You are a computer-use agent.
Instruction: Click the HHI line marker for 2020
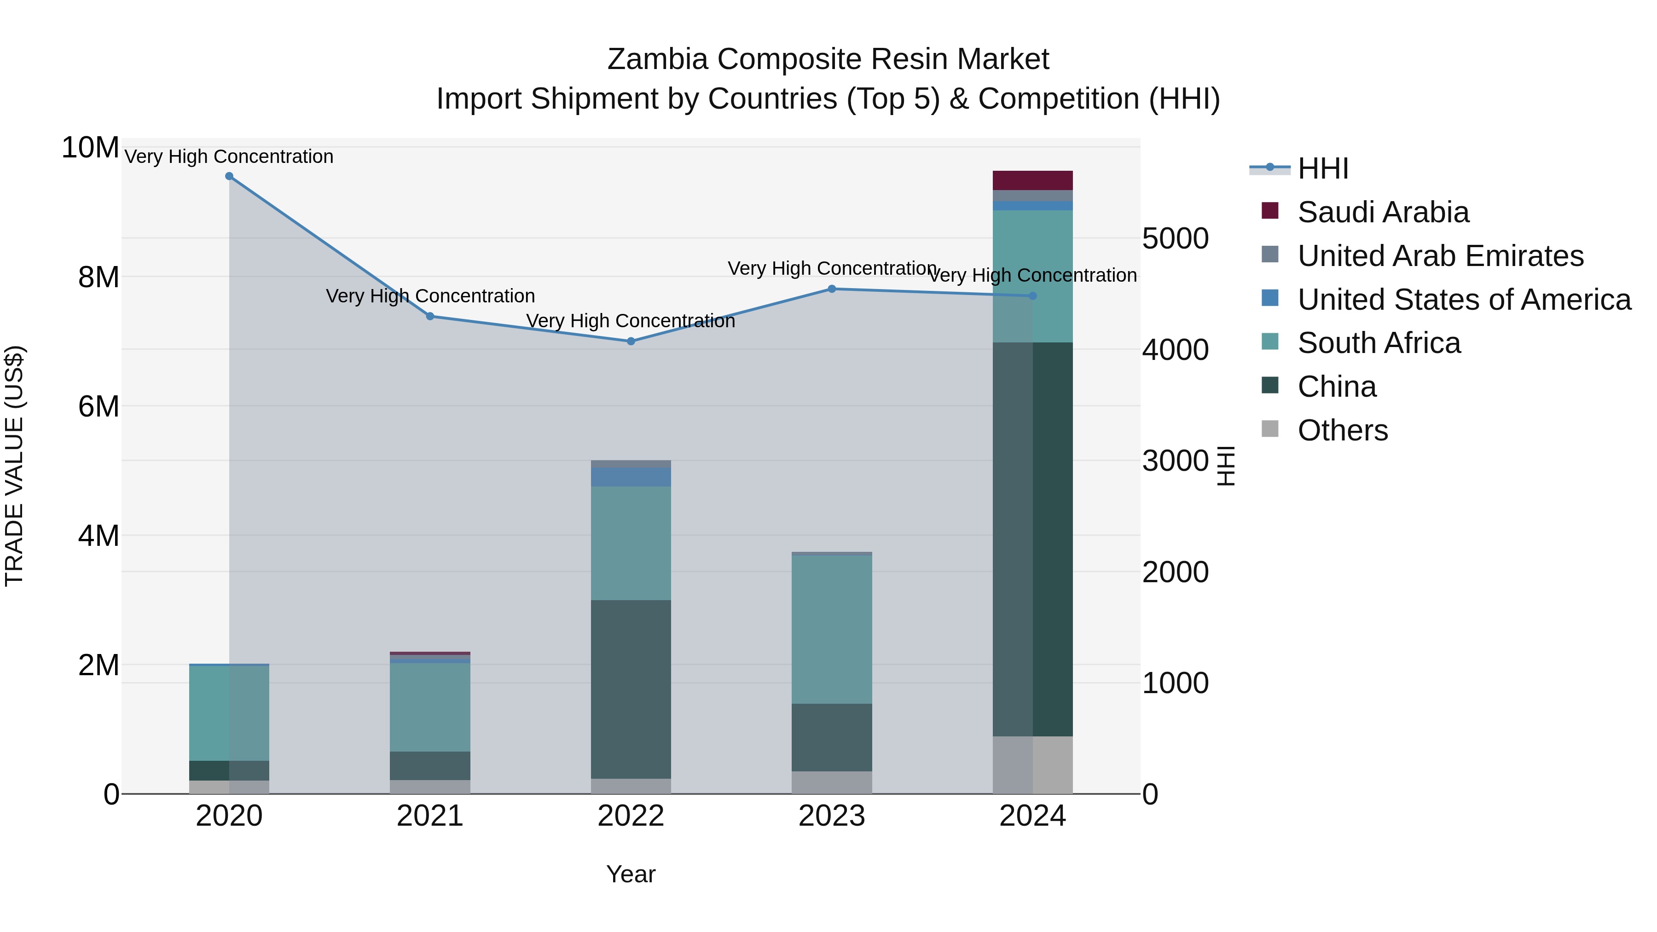(229, 176)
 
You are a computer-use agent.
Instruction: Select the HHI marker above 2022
(631, 342)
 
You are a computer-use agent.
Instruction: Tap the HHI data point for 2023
(832, 289)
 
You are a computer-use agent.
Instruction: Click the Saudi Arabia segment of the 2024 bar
(1032, 181)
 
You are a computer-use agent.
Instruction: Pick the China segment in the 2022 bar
(631, 689)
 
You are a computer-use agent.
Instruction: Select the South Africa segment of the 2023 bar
(832, 630)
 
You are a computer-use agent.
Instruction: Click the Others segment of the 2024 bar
(1032, 765)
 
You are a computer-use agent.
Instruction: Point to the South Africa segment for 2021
(430, 707)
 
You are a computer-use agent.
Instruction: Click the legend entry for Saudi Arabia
(1383, 212)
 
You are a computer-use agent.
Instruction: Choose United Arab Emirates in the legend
(1440, 256)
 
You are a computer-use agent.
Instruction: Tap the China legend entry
(1337, 387)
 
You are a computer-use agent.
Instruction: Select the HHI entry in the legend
(1322, 168)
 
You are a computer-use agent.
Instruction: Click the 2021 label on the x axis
(430, 816)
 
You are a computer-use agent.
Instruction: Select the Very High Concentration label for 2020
(229, 156)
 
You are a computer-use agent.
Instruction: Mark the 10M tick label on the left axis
(90, 148)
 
